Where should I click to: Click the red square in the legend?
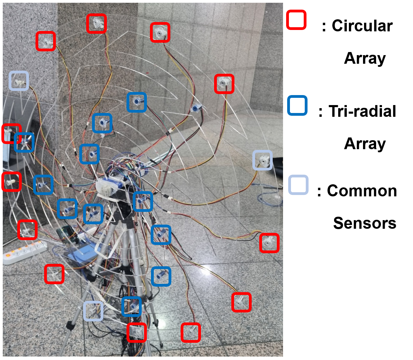tap(296, 20)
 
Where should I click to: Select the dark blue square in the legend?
tap(297, 105)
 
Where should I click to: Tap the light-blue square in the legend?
tap(298, 185)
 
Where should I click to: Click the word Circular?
tap(362, 26)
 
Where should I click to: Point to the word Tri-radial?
tap(362, 111)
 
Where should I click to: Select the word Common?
tap(362, 191)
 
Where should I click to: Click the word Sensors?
tap(365, 223)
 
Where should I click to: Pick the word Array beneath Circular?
tap(365, 58)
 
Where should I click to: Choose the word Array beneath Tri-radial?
tap(365, 144)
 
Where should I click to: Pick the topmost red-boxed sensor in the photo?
tap(96, 23)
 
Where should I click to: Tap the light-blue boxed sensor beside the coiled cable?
tap(263, 160)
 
